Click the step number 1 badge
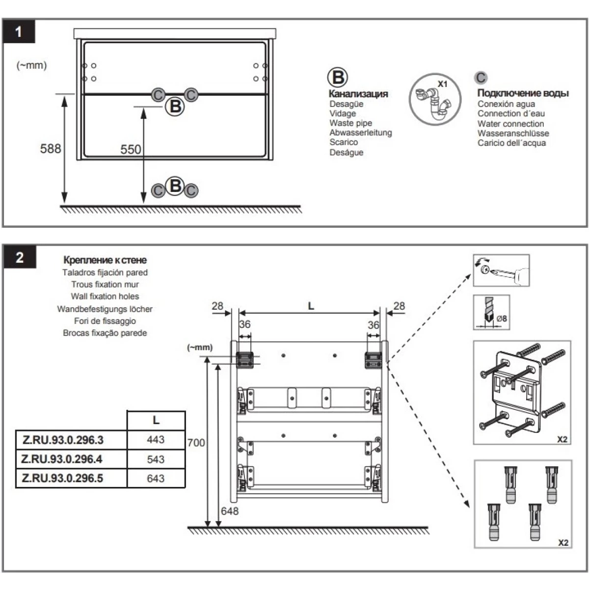point(19,32)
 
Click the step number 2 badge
point(20,257)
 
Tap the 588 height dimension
point(51,148)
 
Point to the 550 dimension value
point(131,149)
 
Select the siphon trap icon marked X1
point(435,99)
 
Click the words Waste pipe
point(350,123)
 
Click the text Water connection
point(510,124)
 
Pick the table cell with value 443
point(156,439)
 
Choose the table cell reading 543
point(156,459)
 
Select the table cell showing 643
point(156,479)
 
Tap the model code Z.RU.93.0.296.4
point(62,459)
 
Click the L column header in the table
point(156,420)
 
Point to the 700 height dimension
point(196,443)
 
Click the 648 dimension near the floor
point(229,511)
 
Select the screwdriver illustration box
point(501,270)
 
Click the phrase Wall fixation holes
point(105,296)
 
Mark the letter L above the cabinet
point(311,306)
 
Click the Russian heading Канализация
point(358,94)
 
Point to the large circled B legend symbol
point(338,78)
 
